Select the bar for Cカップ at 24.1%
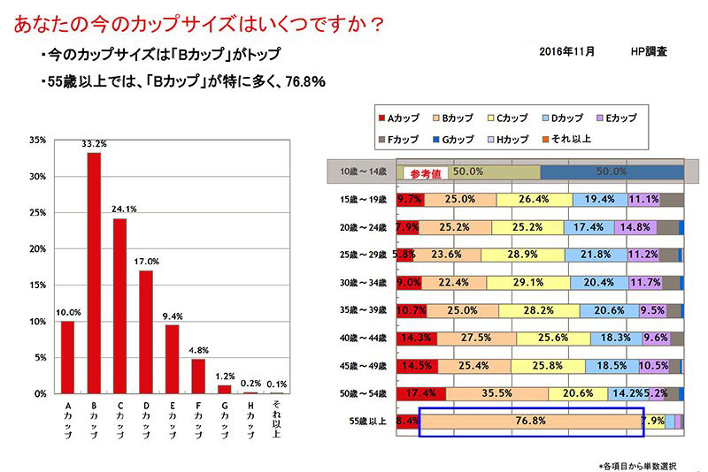119,306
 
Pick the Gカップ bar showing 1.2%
224,389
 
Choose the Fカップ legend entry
400,139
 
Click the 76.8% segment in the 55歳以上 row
531,421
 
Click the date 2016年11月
567,52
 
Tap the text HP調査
650,52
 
